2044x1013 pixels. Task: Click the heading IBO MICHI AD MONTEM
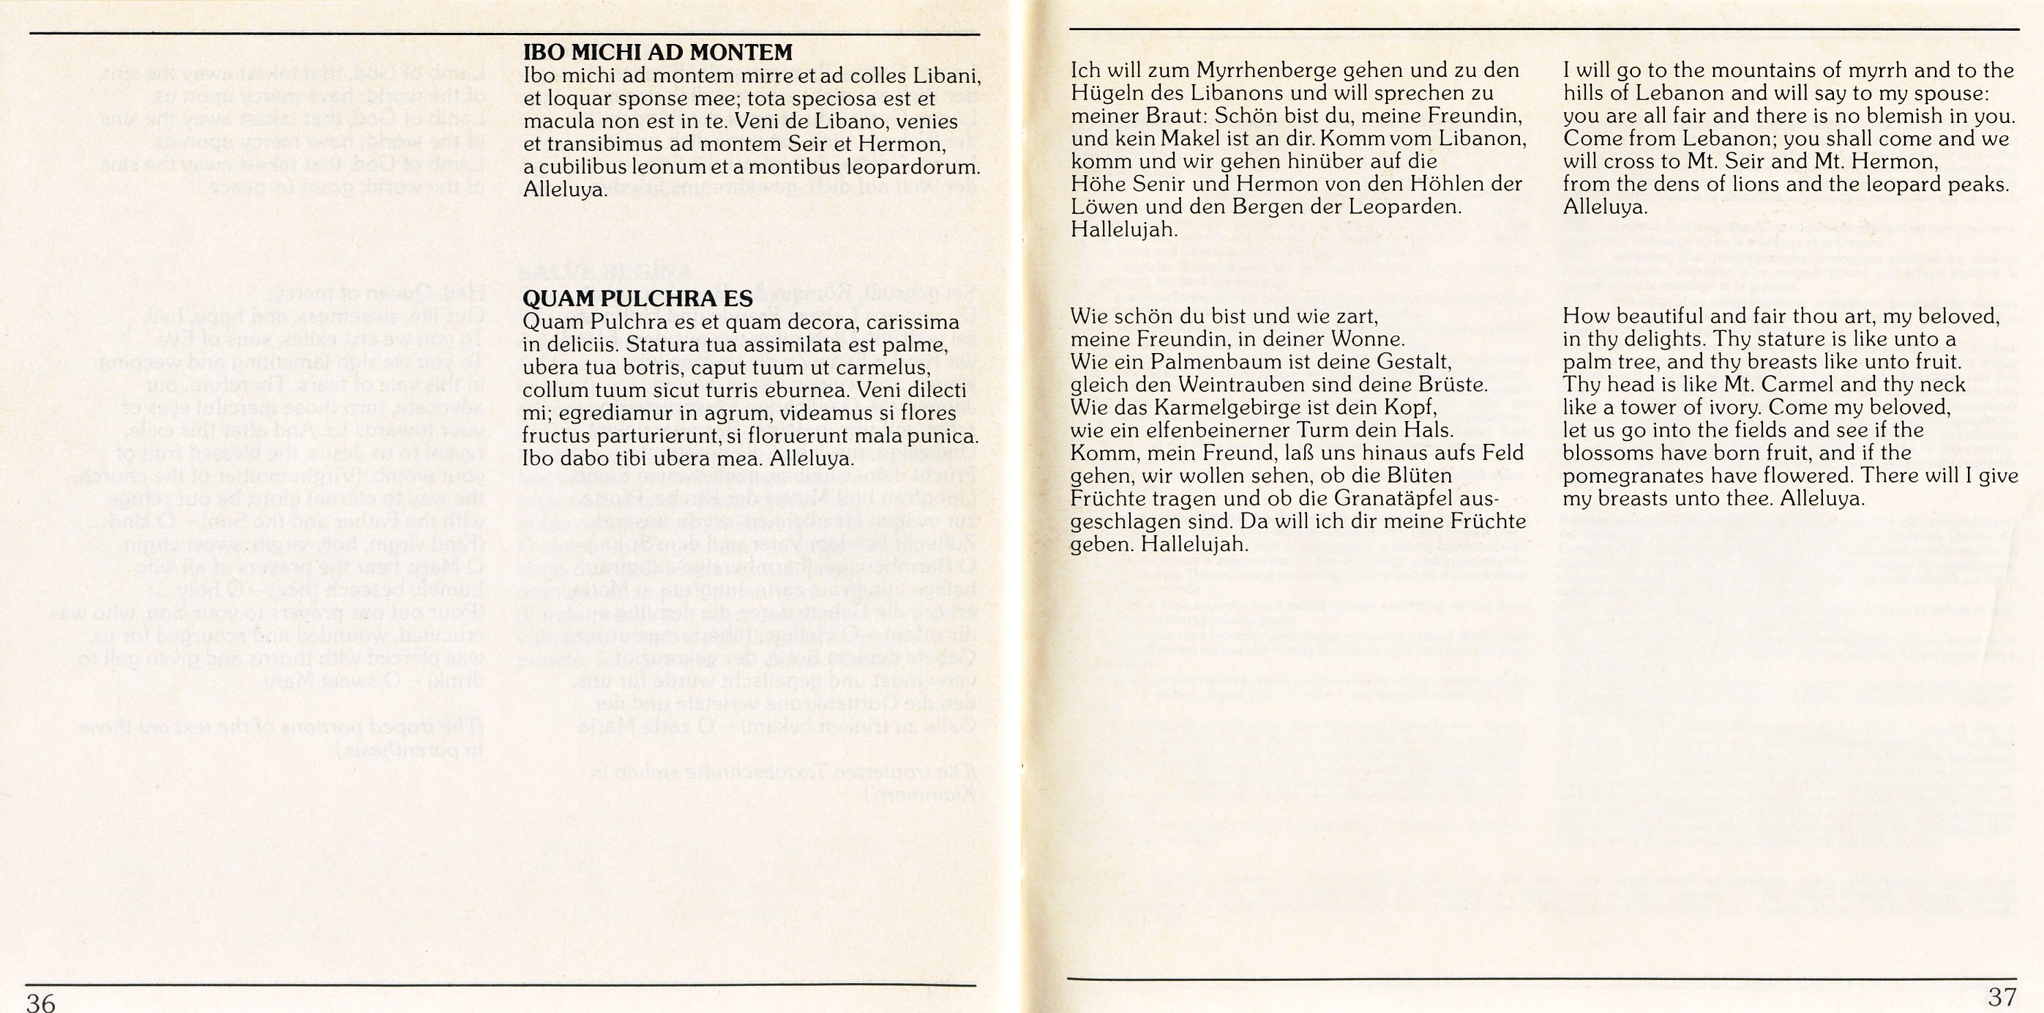657,53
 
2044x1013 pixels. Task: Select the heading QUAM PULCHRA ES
637,299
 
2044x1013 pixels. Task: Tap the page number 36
40,1002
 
